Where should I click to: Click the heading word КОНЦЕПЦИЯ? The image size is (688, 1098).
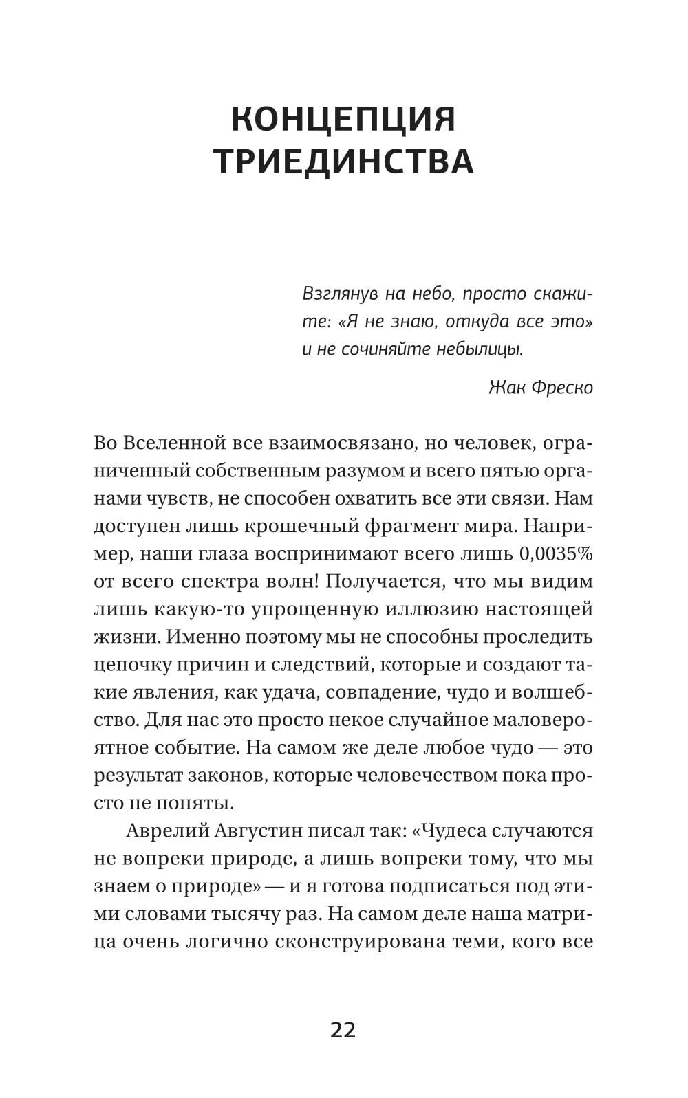[343, 119]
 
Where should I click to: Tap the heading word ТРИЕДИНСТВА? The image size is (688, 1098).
[343, 162]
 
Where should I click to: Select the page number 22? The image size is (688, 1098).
[343, 1030]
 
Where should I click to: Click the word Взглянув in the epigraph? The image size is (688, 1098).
[339, 294]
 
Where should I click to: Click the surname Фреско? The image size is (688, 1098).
[562, 387]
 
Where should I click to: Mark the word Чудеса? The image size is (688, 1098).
[458, 831]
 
